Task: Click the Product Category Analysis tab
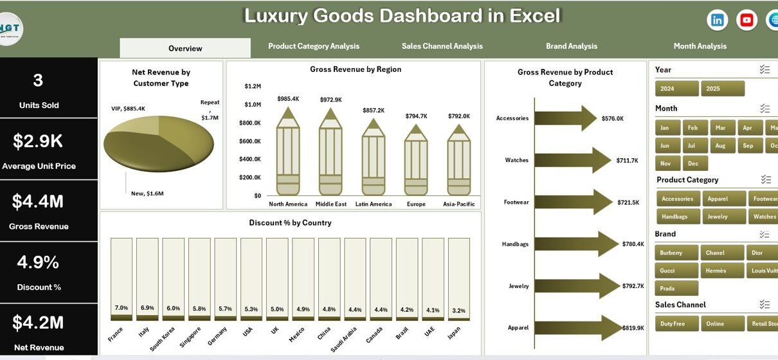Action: [x=314, y=46]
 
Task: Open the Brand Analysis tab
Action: [x=572, y=46]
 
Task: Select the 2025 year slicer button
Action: [x=723, y=89]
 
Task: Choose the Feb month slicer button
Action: [x=694, y=128]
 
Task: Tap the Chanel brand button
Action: [x=721, y=253]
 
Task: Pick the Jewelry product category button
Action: [x=723, y=217]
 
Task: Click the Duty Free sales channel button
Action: [x=676, y=323]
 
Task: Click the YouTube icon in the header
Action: [x=746, y=21]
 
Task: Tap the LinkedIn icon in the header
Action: [x=717, y=21]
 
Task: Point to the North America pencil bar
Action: [x=288, y=154]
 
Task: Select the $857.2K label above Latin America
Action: [x=373, y=111]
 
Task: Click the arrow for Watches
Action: [x=572, y=160]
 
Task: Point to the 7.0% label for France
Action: [x=122, y=308]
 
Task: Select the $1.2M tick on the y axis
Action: [x=253, y=86]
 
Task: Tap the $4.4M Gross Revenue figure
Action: [x=38, y=202]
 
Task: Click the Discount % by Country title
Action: [x=290, y=223]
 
